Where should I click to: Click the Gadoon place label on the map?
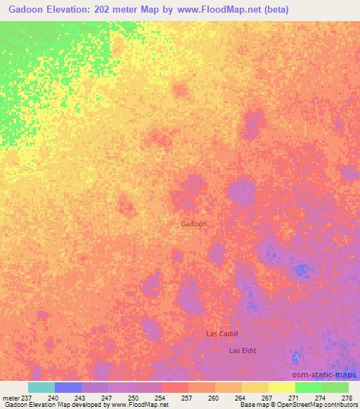193,223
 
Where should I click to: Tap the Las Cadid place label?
221,334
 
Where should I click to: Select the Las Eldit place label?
243,350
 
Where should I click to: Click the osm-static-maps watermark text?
323,375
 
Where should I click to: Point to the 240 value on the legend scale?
53,397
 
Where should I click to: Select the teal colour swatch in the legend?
41,387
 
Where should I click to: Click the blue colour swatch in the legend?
67,387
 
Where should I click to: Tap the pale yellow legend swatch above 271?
281,387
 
